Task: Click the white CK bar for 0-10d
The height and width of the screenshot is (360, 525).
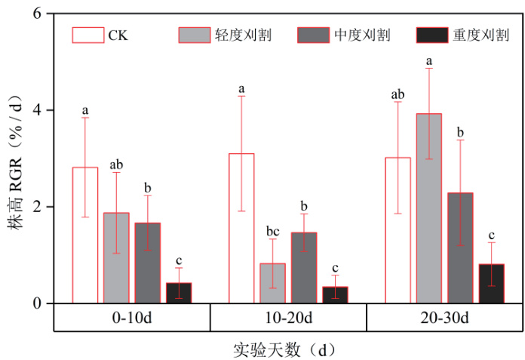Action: (x=85, y=235)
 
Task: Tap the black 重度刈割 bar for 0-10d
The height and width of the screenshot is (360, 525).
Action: (x=179, y=293)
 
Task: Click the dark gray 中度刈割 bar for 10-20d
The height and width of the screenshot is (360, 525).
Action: (x=304, y=267)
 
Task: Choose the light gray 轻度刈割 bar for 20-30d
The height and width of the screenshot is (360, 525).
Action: (x=429, y=208)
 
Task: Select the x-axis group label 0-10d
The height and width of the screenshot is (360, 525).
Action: (x=131, y=318)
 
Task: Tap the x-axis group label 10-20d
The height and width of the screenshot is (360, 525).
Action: (x=288, y=318)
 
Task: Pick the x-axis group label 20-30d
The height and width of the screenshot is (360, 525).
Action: (x=444, y=318)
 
